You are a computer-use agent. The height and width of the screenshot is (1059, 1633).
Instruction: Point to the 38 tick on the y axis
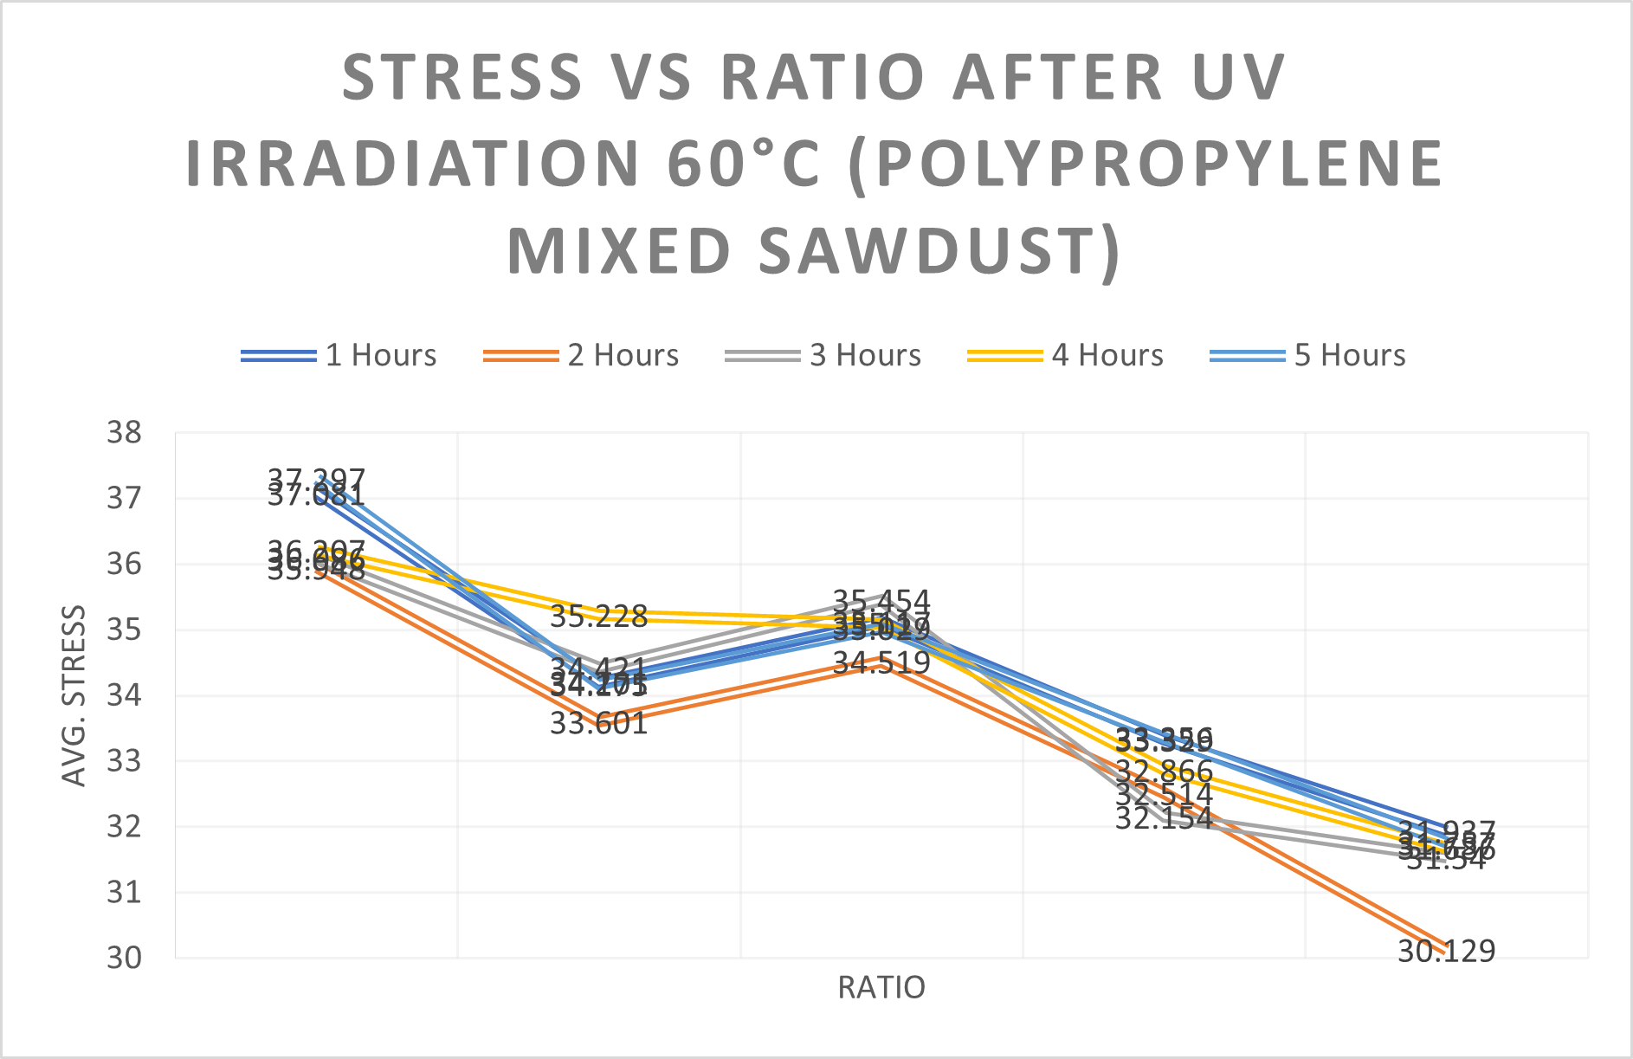[124, 433]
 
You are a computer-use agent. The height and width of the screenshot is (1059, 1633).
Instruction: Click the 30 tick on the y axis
[124, 958]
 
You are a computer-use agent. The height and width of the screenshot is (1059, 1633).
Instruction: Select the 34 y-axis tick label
[124, 695]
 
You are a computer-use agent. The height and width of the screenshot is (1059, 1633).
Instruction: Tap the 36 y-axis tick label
[124, 565]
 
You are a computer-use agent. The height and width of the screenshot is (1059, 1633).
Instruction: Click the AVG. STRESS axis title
[74, 695]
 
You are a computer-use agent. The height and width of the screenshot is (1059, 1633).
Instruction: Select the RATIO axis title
[881, 988]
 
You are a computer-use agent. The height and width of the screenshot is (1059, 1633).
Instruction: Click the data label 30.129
[1447, 952]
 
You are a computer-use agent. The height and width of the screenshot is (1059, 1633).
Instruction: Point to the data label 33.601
[599, 723]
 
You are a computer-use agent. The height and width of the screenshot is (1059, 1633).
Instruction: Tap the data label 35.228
[599, 617]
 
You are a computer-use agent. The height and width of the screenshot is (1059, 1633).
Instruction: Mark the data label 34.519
[881, 663]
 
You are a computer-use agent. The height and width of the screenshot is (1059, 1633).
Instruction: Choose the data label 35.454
[881, 600]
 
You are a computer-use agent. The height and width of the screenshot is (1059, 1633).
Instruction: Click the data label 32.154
[1164, 818]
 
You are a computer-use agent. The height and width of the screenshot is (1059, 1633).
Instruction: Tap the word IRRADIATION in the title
[414, 164]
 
